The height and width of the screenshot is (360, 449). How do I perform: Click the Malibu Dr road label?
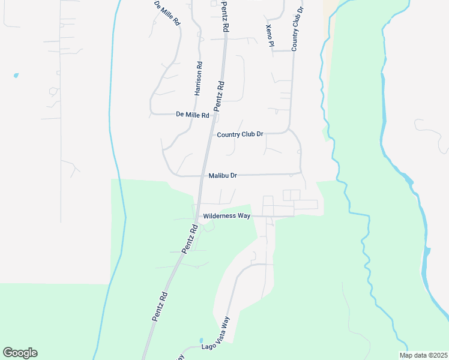click(223, 176)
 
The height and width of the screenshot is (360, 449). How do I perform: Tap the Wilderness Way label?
click(226, 215)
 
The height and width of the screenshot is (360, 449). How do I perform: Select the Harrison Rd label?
click(198, 79)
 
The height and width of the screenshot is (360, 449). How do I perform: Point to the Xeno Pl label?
click(270, 36)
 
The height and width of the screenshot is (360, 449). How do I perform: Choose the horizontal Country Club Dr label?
click(240, 134)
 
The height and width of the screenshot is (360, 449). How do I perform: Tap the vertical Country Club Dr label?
click(298, 29)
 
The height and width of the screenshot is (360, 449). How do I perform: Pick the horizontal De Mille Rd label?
click(192, 114)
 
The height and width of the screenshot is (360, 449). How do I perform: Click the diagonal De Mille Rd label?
click(167, 13)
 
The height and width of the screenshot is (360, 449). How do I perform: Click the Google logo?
click(20, 353)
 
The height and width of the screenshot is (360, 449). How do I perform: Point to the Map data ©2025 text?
click(423, 355)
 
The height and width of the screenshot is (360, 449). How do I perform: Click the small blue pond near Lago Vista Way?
click(201, 340)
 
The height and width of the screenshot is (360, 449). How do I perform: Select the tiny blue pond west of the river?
click(16, 76)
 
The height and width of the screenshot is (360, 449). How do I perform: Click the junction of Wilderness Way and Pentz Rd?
click(197, 215)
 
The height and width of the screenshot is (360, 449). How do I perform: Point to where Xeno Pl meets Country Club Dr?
click(292, 51)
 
